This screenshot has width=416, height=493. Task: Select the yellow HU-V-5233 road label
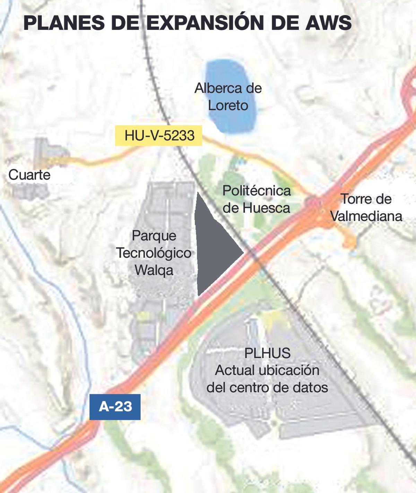tap(159, 135)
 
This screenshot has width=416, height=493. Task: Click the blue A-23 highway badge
tap(115, 407)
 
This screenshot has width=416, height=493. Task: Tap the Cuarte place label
tap(29, 175)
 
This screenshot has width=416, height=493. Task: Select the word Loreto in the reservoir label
tap(228, 105)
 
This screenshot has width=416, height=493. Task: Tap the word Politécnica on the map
tap(257, 191)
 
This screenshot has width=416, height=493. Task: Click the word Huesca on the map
tap(266, 208)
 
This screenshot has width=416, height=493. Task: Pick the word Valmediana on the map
tap(366, 216)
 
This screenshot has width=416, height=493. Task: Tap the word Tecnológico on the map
tap(153, 253)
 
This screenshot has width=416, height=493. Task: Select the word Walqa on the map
tap(154, 270)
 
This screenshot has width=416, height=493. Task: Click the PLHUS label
tap(267, 353)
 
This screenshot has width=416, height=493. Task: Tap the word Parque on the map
tap(154, 236)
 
